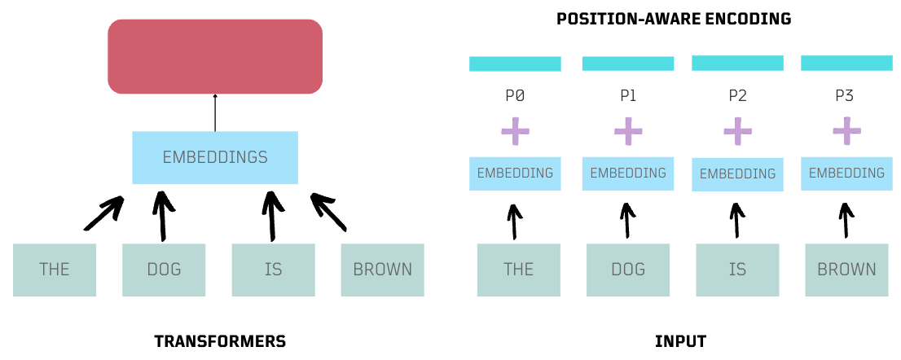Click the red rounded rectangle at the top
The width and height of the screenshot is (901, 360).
coord(215,55)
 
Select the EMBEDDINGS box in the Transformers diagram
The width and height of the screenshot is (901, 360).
coord(215,157)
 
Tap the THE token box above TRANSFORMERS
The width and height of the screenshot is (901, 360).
coord(55,270)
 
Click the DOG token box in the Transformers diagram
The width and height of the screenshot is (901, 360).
coord(164,270)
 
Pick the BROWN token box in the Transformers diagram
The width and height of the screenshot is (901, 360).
coord(382,270)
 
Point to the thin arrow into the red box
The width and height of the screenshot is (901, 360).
coord(215,112)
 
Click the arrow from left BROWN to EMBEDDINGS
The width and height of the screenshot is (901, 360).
coord(328,212)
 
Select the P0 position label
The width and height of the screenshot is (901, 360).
coord(515,96)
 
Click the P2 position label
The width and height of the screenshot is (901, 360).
coord(737,96)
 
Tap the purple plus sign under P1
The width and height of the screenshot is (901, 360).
coord(628,130)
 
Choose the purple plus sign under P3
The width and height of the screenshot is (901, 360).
coord(846,130)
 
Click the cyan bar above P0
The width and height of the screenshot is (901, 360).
coord(515,64)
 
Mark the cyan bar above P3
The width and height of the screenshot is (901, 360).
coord(846,63)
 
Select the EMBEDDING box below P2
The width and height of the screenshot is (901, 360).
coord(737,173)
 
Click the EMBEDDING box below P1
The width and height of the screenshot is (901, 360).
coord(628,173)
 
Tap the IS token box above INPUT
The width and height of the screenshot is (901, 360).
coord(737,270)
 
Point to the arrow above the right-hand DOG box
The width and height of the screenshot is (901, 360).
coord(627,221)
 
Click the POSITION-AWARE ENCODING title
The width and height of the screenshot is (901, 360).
coord(674,19)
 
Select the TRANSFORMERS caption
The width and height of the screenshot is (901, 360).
coord(220,341)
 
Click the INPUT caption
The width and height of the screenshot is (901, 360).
coord(680,341)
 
